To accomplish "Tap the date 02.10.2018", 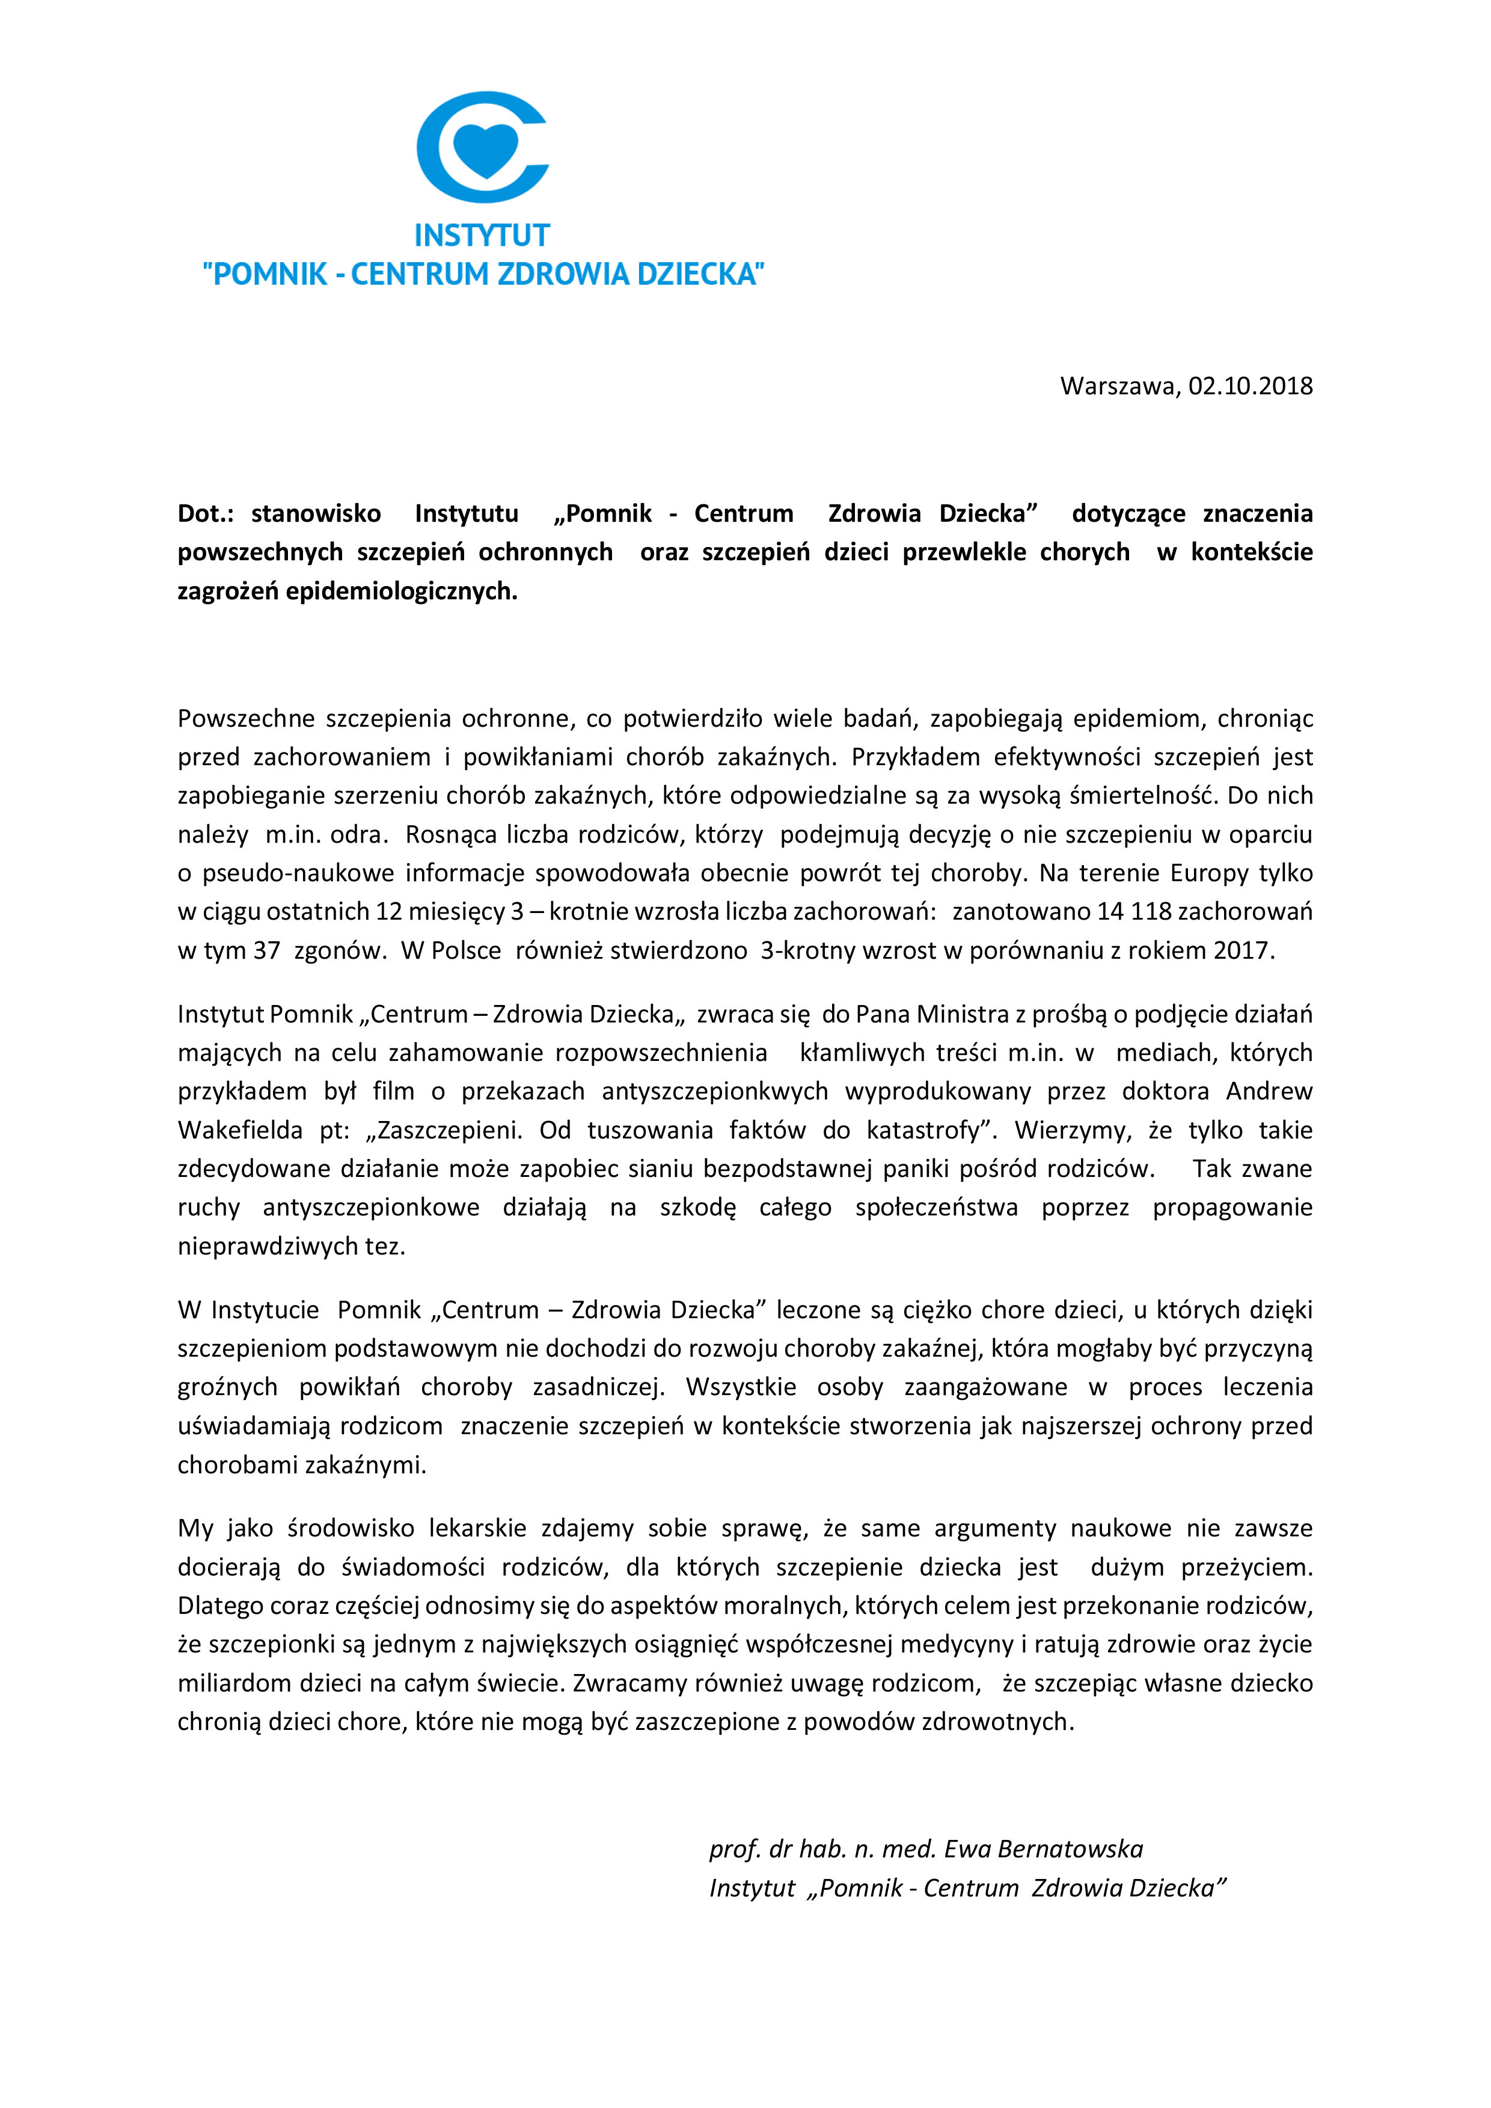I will (1251, 386).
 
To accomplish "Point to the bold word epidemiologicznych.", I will (401, 591).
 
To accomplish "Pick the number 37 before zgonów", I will (266, 950).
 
